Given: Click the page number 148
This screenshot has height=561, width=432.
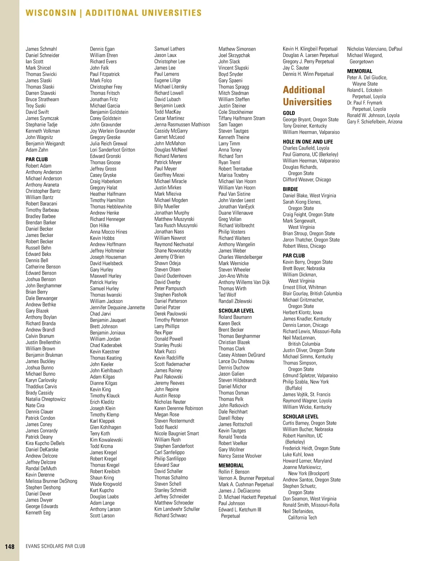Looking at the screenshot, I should coord(10,547).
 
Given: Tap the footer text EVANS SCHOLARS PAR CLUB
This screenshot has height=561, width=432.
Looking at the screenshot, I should coord(55,546).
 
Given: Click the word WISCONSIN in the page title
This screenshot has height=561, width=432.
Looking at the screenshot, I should coord(51,13).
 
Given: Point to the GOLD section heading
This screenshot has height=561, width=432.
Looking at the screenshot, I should coord(289,113).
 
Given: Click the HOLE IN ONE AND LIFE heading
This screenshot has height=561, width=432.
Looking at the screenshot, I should coord(308,142).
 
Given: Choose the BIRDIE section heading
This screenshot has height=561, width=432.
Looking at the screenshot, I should coord(290,189).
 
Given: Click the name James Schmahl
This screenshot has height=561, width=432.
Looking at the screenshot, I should coord(41,49).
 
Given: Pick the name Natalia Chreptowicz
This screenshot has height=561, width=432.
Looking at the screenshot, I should coord(46,399).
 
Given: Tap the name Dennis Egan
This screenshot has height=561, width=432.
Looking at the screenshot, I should coord(102,49).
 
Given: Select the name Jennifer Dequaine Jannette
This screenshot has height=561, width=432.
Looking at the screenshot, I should coord(117,308).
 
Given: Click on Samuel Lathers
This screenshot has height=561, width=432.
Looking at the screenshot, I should coord(170,49).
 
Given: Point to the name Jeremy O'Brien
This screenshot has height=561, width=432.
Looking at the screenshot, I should coord(169,257).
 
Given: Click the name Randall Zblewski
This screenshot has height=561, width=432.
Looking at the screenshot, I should coord(235,301).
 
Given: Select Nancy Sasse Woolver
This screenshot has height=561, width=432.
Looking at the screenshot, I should coord(240,456).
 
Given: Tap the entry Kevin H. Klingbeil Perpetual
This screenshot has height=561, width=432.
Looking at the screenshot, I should coord(310,49).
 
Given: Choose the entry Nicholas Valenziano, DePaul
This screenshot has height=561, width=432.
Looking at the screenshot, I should coord(374,49).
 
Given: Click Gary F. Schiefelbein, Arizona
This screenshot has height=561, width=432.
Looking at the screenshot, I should coord(374,122).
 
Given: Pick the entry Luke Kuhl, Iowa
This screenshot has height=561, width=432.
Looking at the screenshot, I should coord(298,454).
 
